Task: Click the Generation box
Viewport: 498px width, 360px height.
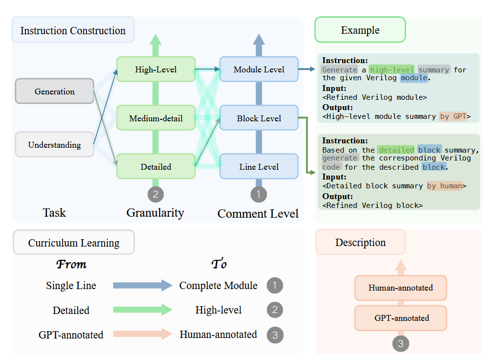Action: pyautogui.click(x=54, y=91)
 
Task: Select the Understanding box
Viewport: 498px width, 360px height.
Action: pyautogui.click(x=54, y=145)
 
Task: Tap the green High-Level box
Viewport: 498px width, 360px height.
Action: pyautogui.click(x=155, y=69)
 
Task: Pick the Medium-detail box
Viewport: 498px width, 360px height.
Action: pyautogui.click(x=155, y=118)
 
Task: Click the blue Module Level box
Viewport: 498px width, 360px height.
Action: pyautogui.click(x=259, y=69)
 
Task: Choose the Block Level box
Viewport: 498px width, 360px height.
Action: pyautogui.click(x=259, y=118)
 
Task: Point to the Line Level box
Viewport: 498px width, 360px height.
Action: pyautogui.click(x=259, y=167)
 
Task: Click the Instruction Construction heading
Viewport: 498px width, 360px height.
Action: pyautogui.click(x=73, y=30)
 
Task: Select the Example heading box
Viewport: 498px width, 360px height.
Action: pyautogui.click(x=360, y=30)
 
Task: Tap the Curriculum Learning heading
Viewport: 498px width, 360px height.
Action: pyautogui.click(x=74, y=243)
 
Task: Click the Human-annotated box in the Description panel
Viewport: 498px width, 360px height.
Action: pyautogui.click(x=400, y=288)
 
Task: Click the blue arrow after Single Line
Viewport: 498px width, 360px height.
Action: pyautogui.click(x=142, y=286)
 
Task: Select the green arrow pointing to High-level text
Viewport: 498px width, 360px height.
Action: pyautogui.click(x=142, y=310)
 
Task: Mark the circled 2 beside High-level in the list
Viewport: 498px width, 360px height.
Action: pyautogui.click(x=275, y=310)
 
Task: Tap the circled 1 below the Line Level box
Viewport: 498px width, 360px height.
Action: pyautogui.click(x=259, y=194)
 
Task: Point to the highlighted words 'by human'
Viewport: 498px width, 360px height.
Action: pyautogui.click(x=444, y=186)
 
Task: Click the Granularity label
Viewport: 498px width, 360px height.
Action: pyautogui.click(x=155, y=213)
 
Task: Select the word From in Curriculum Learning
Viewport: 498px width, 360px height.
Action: pyautogui.click(x=71, y=264)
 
